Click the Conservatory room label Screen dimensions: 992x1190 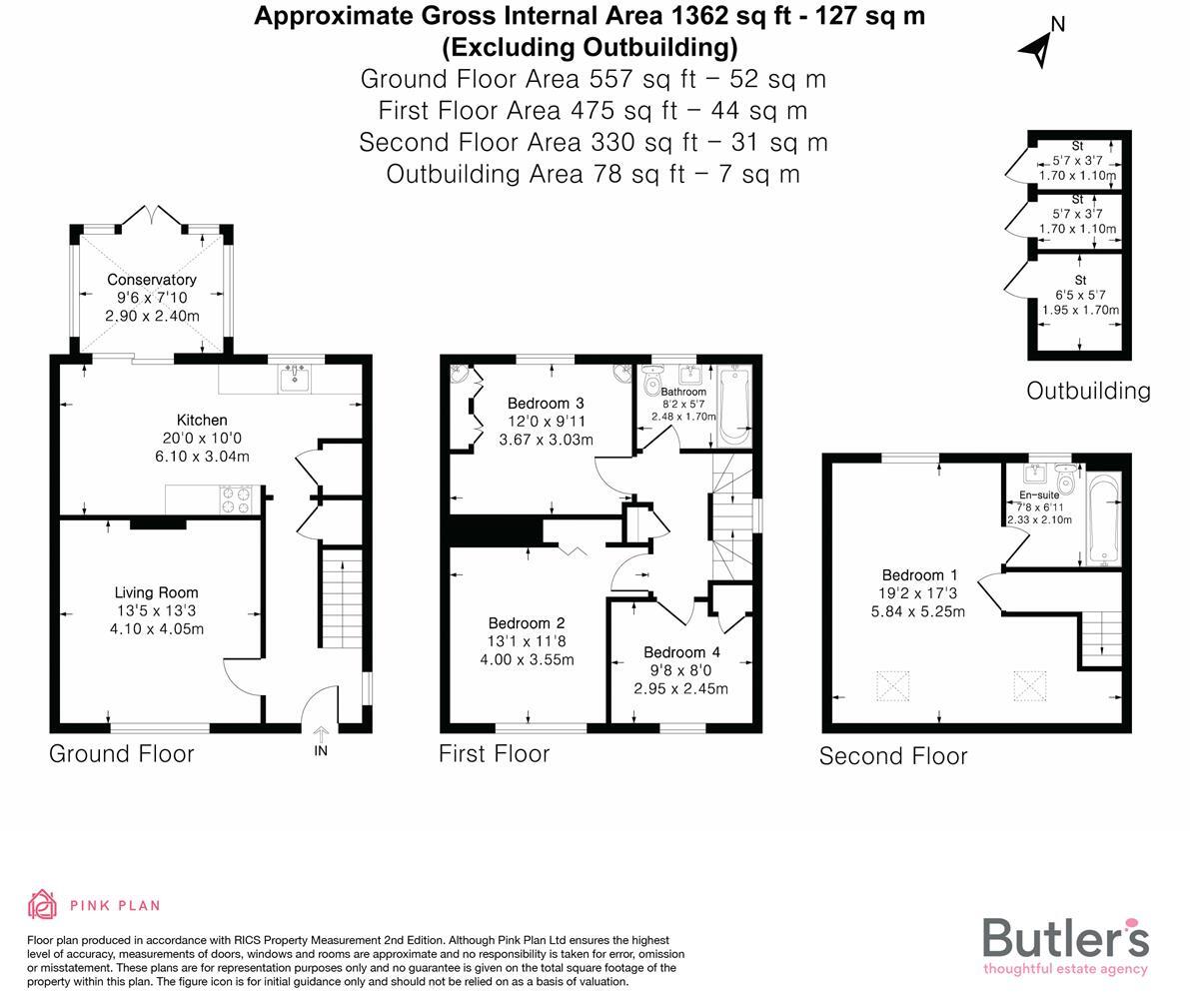click(x=152, y=280)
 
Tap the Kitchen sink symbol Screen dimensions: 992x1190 click(x=297, y=378)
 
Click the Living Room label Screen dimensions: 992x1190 click(x=156, y=592)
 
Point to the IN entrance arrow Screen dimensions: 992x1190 click(x=321, y=734)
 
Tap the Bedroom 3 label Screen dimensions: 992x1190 click(x=546, y=404)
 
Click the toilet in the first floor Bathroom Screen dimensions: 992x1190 click(x=654, y=383)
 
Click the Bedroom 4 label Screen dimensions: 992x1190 click(x=681, y=652)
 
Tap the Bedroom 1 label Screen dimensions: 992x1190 click(x=919, y=575)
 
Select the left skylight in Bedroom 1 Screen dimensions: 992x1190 click(x=893, y=686)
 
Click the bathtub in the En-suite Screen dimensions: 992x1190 click(x=1102, y=519)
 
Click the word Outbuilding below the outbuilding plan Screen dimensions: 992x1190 click(x=1088, y=391)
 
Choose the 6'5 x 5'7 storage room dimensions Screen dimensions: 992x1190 click(x=1080, y=295)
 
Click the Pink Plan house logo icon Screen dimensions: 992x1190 click(x=42, y=905)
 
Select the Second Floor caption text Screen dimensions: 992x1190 click(x=893, y=756)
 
